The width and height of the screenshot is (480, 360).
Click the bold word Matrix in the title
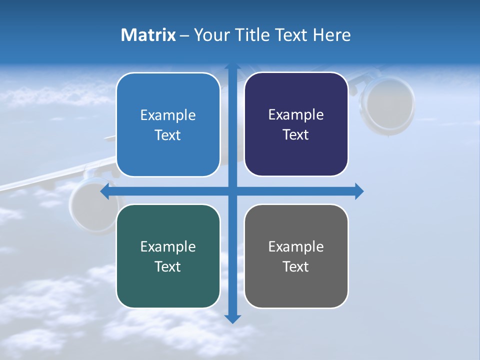[148, 35]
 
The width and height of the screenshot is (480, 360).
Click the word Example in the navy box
[296, 115]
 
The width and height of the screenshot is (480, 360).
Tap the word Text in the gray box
[296, 266]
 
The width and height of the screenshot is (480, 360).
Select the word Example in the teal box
[168, 246]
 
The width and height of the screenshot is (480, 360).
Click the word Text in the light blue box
[168, 135]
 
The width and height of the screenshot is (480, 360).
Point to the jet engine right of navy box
[389, 104]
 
